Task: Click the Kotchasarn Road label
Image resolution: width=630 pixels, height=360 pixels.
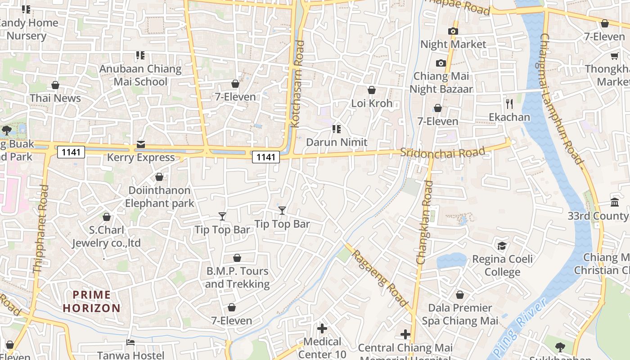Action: click(x=298, y=84)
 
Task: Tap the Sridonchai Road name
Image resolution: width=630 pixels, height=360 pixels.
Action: click(x=443, y=152)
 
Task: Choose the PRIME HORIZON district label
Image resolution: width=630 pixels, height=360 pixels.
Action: click(x=92, y=301)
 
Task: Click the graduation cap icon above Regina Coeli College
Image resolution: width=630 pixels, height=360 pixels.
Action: click(x=502, y=246)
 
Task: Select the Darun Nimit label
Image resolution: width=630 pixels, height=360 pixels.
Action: click(x=337, y=142)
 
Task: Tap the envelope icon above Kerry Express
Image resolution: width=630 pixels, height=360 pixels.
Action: click(x=141, y=144)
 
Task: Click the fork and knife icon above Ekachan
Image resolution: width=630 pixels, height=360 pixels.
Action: click(x=509, y=104)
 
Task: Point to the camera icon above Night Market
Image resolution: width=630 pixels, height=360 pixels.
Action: click(x=453, y=31)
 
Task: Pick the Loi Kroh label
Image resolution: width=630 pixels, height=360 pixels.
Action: click(x=372, y=103)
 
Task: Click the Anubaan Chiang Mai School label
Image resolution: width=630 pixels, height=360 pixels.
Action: click(x=140, y=75)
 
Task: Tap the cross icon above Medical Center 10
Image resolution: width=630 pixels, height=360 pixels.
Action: click(x=322, y=328)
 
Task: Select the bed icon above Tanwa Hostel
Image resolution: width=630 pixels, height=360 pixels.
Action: click(x=130, y=342)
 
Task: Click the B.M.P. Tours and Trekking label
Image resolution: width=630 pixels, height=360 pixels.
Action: click(x=237, y=277)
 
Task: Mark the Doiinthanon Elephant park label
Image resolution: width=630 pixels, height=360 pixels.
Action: click(x=159, y=197)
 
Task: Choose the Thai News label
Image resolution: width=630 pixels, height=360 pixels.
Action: click(x=55, y=98)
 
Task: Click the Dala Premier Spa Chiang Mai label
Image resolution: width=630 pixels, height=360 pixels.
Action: click(x=460, y=314)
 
